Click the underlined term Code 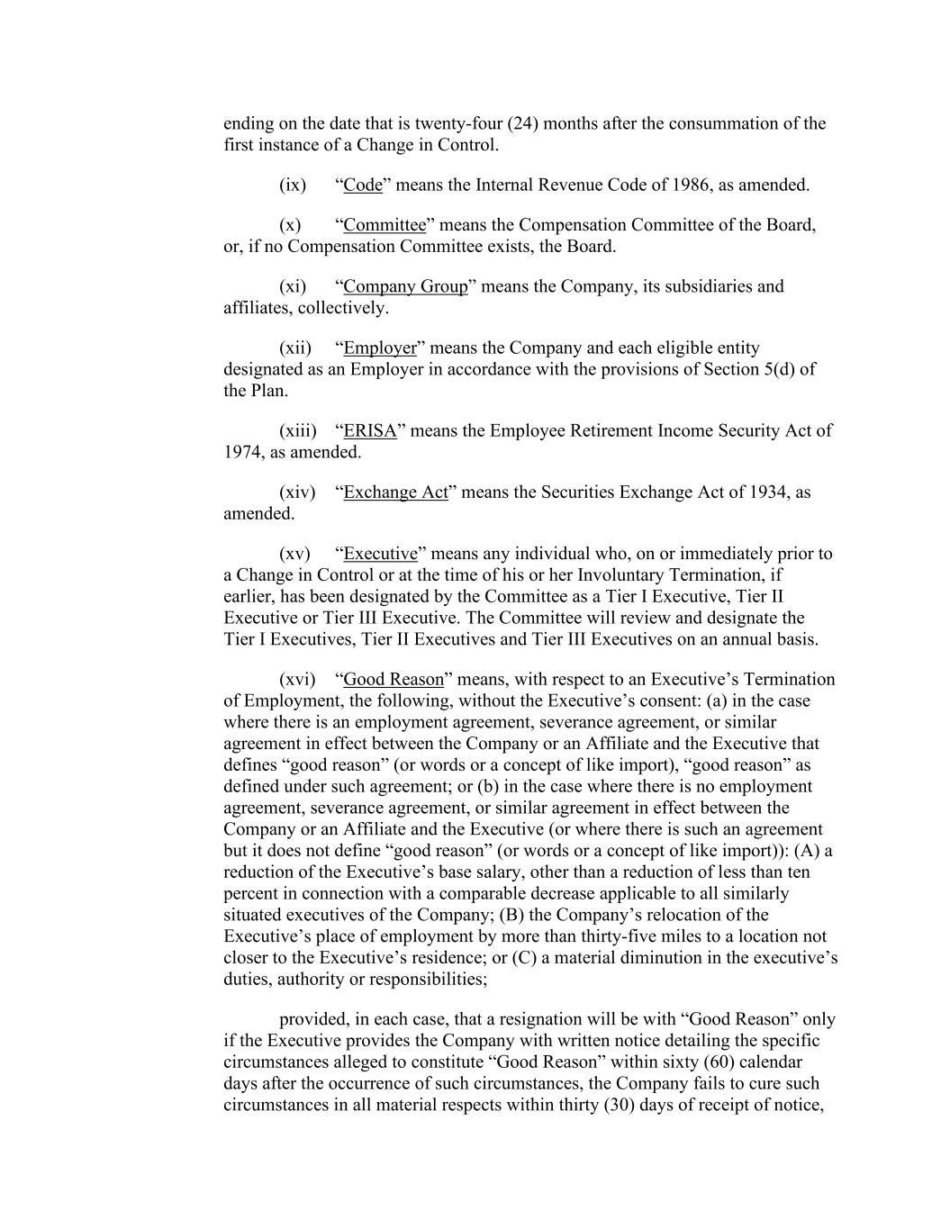point(363,185)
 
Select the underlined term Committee point(385,225)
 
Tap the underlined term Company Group point(405,286)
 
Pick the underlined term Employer point(380,348)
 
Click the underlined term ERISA point(370,431)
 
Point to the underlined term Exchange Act point(395,493)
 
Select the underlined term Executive point(381,554)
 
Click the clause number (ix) point(293,185)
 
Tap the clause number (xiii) point(298,431)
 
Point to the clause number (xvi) point(297,680)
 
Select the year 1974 point(241,452)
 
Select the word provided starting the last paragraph point(312,1020)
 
